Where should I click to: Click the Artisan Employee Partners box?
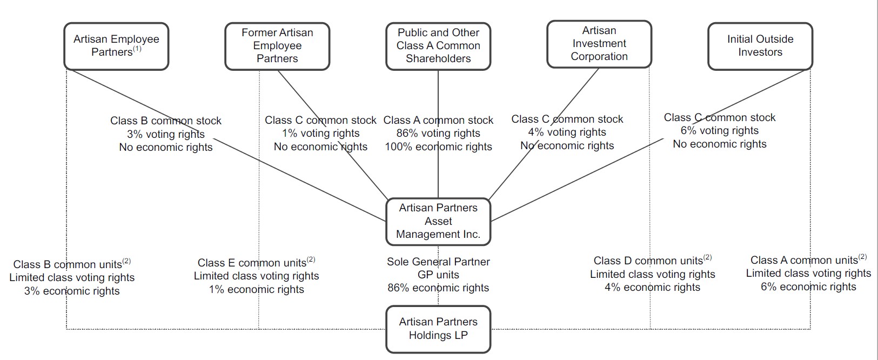116,46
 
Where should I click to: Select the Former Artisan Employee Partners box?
277,46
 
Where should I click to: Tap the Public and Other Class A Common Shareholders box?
438,46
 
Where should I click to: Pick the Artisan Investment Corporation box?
599,44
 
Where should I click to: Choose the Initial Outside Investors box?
760,46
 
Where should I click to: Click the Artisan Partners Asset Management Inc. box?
438,221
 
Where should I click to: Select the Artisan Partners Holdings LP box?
438,329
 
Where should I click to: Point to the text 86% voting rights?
438,134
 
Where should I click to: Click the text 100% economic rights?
438,147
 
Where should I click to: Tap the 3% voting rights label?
165,134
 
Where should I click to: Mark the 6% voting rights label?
719,131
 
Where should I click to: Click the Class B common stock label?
165,121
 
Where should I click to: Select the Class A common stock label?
438,120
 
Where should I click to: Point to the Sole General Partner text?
438,262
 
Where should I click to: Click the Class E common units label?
252,263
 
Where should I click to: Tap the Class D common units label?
648,261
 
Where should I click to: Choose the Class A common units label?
804,261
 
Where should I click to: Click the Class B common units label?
68,264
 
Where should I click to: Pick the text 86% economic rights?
438,288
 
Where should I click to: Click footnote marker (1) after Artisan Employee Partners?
137,49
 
